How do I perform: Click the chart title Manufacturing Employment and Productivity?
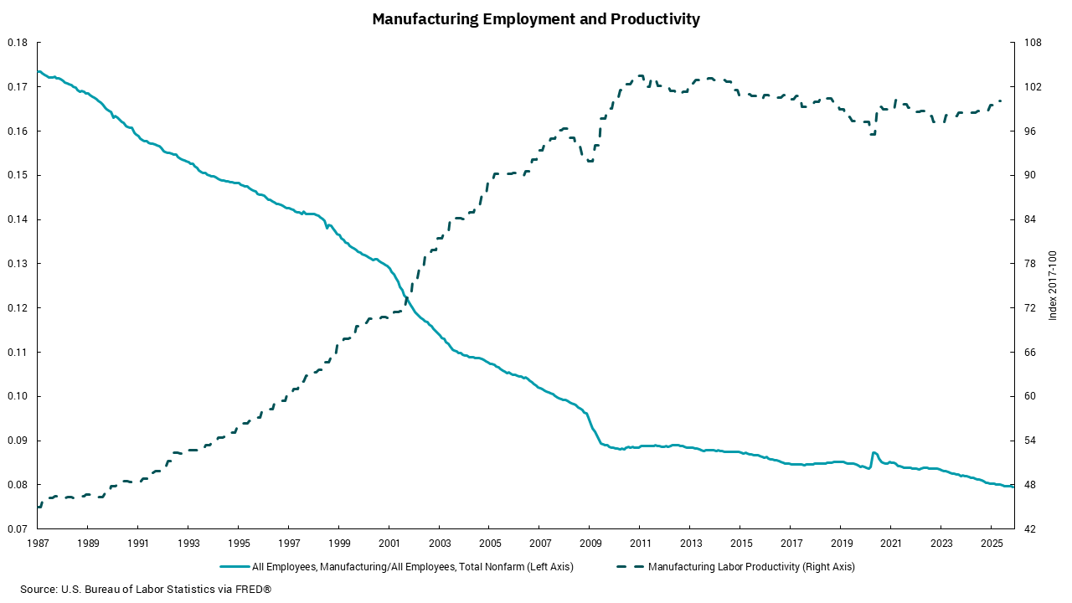click(x=536, y=18)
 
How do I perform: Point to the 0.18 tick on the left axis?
click(x=18, y=43)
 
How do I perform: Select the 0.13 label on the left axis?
click(x=18, y=264)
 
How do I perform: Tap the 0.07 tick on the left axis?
click(x=18, y=529)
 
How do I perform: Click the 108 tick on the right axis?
click(x=1031, y=43)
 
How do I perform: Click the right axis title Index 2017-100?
click(x=1054, y=286)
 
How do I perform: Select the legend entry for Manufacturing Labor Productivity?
click(x=751, y=567)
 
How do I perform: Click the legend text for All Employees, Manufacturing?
click(x=413, y=567)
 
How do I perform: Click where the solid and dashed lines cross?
click(x=407, y=298)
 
